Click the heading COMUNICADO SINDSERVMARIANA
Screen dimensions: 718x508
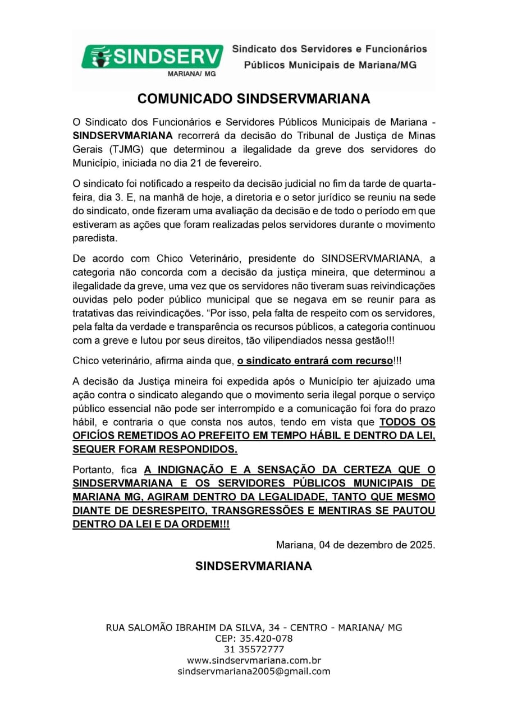(x=254, y=99)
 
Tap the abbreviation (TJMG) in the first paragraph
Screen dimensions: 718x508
(x=122, y=150)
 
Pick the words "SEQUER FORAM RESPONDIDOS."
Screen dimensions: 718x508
(x=155, y=449)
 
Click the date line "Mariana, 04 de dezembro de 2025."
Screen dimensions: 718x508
(x=356, y=544)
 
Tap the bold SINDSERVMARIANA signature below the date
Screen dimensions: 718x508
(x=254, y=566)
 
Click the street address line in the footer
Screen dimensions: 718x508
(x=254, y=628)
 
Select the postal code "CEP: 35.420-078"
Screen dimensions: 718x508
(x=254, y=638)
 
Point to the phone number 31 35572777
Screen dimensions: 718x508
(x=254, y=650)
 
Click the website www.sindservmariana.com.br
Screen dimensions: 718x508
(x=254, y=660)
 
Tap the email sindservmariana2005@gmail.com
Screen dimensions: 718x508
(x=254, y=671)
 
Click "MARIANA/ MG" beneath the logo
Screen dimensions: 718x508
(x=192, y=73)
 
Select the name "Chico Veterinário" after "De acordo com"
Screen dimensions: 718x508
(x=194, y=259)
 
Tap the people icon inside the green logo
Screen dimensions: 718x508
(x=101, y=56)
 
